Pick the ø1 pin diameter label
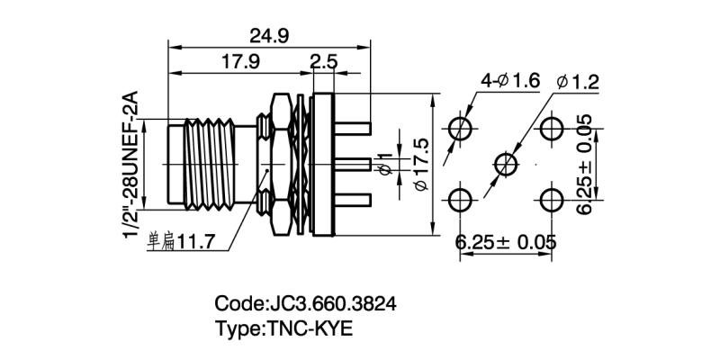(385, 166)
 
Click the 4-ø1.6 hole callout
(508, 81)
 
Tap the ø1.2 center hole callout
(578, 82)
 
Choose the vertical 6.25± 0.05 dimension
(585, 164)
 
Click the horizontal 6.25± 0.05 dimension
(505, 242)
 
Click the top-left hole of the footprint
(462, 126)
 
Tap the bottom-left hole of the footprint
(462, 200)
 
